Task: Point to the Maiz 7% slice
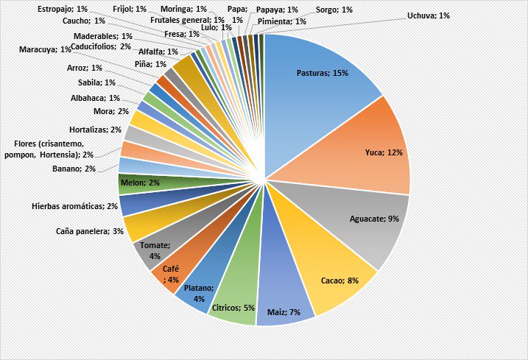point(284,294)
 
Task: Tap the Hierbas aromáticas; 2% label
point(74,207)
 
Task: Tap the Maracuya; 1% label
point(46,49)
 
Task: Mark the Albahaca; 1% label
point(96,97)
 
